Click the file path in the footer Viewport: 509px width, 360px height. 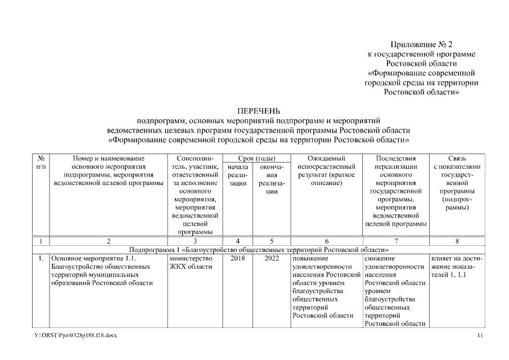75,335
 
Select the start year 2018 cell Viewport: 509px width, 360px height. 237,258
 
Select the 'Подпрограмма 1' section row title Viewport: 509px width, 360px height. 259,249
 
